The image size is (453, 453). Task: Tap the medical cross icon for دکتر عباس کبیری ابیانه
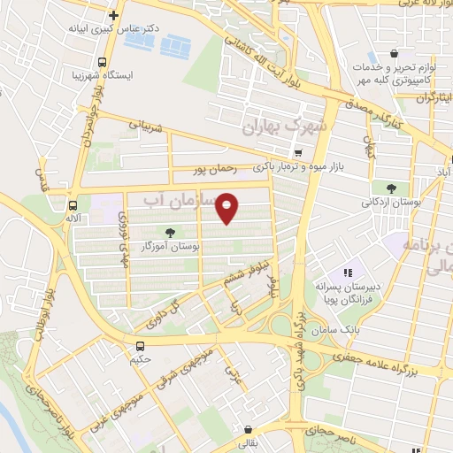[113, 15]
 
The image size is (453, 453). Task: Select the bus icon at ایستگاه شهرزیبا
[103, 63]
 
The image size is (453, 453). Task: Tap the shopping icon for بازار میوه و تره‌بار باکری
[298, 152]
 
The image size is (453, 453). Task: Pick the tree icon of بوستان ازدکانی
[391, 188]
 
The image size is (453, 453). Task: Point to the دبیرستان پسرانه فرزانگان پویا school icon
[349, 273]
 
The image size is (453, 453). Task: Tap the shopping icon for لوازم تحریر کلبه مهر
[403, 53]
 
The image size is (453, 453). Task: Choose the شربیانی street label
[147, 126]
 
